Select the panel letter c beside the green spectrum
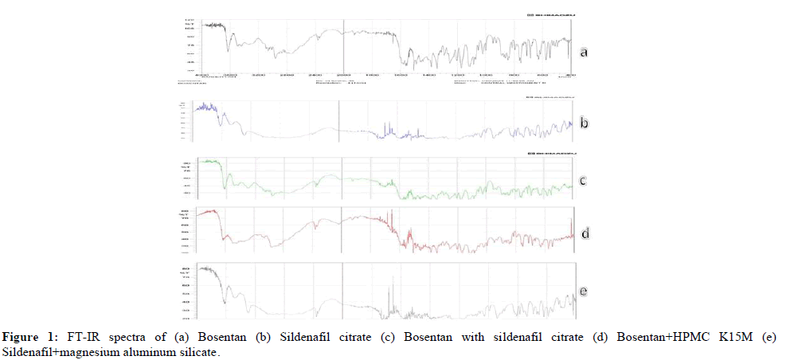pos(584,181)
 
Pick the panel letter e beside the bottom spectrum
pos(584,292)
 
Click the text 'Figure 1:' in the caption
pos(25,337)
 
